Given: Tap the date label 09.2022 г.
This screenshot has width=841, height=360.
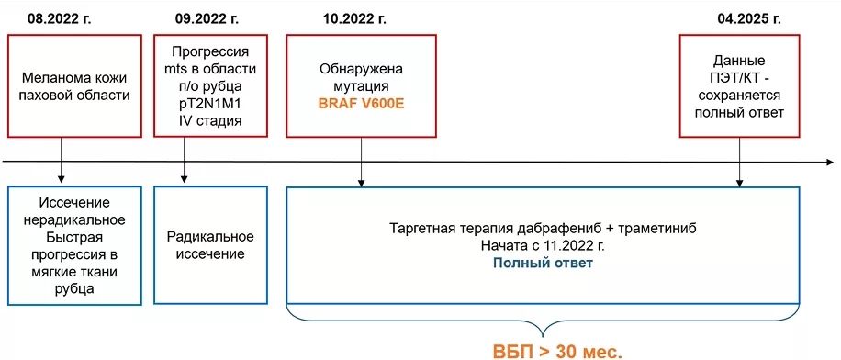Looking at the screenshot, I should pos(207,17).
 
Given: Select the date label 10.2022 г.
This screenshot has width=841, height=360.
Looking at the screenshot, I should pos(354,17).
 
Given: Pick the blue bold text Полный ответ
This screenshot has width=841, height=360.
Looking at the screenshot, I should pos(543,264).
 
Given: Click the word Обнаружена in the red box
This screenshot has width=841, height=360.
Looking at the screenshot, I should pos(361,69).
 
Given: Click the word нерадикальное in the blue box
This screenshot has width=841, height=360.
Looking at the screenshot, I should pos(75,220).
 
